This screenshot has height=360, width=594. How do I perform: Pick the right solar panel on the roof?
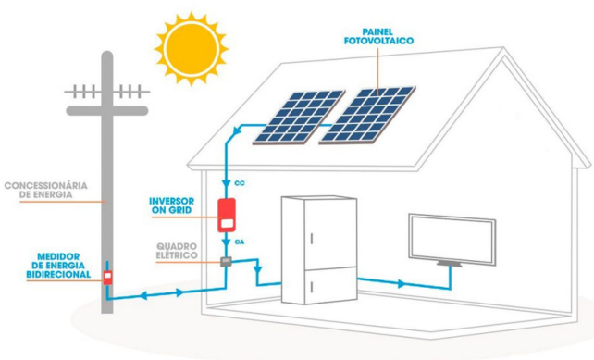(368, 113)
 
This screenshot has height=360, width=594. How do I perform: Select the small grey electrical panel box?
(226, 263)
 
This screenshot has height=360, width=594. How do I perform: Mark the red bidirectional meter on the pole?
(107, 276)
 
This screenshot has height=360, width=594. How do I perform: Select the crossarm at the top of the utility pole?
(107, 93)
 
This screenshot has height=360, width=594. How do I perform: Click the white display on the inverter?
(227, 221)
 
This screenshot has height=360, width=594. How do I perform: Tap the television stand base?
(452, 265)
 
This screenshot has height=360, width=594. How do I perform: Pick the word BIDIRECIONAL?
(57, 275)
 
